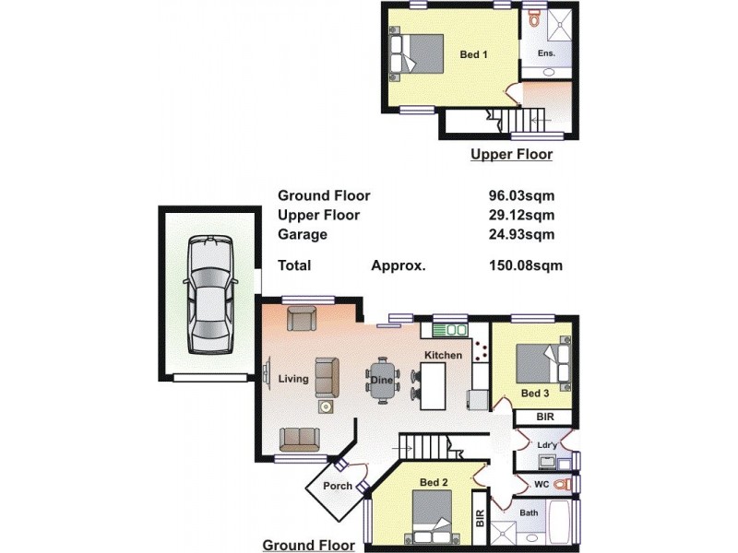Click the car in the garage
(x=208, y=296)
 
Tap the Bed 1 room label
(x=473, y=54)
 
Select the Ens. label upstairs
(x=547, y=54)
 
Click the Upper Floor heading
(x=511, y=155)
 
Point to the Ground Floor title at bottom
(x=308, y=545)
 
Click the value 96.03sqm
(x=521, y=195)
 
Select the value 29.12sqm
(x=521, y=215)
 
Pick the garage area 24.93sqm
(x=521, y=234)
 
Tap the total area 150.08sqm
(x=525, y=265)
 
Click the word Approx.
(x=398, y=265)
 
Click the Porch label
(x=338, y=486)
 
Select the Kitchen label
(x=443, y=355)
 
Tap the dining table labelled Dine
(x=382, y=380)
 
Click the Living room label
(x=293, y=378)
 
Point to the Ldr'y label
(x=547, y=446)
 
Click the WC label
(x=542, y=483)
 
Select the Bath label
(x=529, y=512)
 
